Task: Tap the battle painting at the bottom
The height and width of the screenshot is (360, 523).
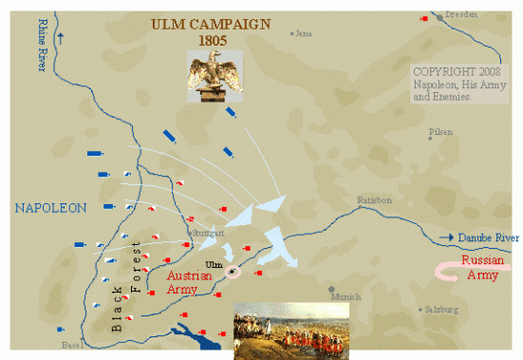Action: tap(290, 331)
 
